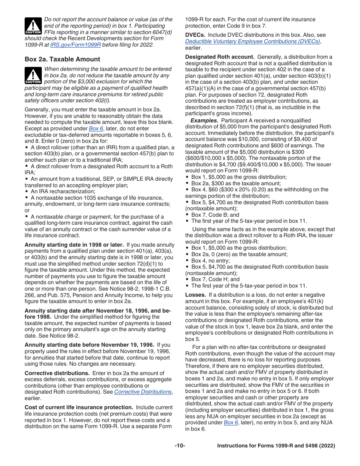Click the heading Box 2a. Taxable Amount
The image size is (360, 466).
tap(63, 59)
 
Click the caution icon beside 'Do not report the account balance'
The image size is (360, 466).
tap(33, 26)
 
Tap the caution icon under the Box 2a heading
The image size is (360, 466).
tap(33, 75)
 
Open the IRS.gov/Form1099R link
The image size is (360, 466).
tap(75, 44)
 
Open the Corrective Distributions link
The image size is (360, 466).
tap(143, 392)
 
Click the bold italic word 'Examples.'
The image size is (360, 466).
tap(204, 120)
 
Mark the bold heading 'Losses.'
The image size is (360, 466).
tap(196, 295)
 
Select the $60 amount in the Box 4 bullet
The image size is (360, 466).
tap(216, 189)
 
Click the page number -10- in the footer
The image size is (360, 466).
tap(180, 446)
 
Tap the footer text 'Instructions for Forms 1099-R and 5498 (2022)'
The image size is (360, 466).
tap(276, 446)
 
